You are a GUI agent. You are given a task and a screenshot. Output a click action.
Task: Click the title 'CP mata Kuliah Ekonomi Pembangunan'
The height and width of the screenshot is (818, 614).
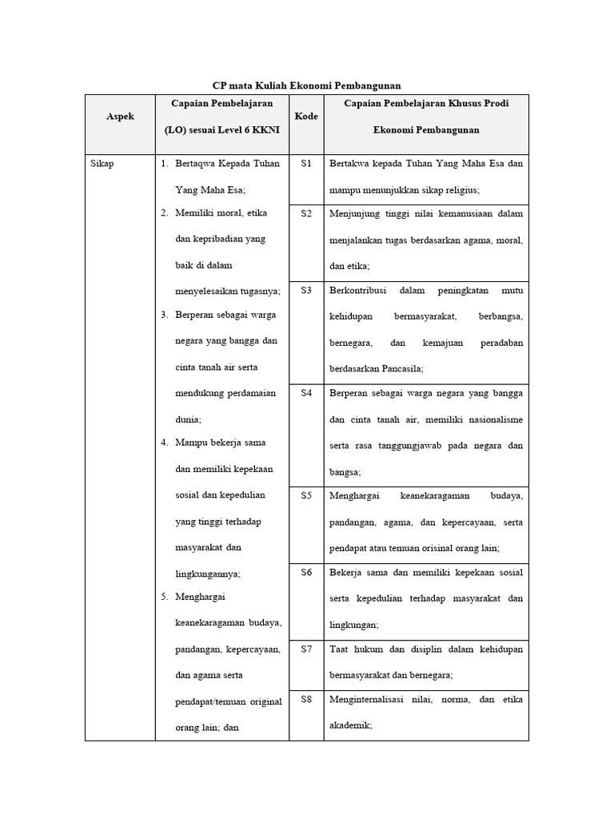pyautogui.click(x=306, y=85)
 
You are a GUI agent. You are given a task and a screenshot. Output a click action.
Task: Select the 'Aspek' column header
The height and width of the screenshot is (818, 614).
pyautogui.click(x=120, y=117)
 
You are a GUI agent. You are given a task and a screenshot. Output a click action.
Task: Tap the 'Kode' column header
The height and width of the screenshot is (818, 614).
pyautogui.click(x=306, y=117)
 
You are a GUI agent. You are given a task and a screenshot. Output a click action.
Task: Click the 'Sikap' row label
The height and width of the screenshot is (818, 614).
pyautogui.click(x=103, y=164)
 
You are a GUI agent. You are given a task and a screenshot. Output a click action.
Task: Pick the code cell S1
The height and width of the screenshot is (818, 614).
pyautogui.click(x=306, y=164)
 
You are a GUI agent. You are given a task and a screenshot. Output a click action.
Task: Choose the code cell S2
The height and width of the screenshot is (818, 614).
pyautogui.click(x=306, y=213)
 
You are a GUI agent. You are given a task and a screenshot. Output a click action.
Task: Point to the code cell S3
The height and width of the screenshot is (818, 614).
pyautogui.click(x=306, y=291)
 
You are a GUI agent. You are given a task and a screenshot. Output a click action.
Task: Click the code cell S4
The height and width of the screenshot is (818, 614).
pyautogui.click(x=306, y=393)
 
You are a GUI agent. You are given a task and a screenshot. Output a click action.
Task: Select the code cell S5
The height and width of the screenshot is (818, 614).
pyautogui.click(x=306, y=495)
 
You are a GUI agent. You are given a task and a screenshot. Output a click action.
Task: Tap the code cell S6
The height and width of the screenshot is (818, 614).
pyautogui.click(x=306, y=572)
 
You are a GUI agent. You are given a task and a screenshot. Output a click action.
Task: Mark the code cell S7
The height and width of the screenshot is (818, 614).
pyautogui.click(x=306, y=649)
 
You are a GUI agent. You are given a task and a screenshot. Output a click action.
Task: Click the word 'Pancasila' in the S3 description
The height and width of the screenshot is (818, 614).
pyautogui.click(x=397, y=368)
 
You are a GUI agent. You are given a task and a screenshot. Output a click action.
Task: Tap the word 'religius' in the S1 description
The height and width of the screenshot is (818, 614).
pyautogui.click(x=459, y=189)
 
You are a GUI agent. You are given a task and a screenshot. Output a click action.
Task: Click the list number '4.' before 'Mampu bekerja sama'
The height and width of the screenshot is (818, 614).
pyautogui.click(x=163, y=443)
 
